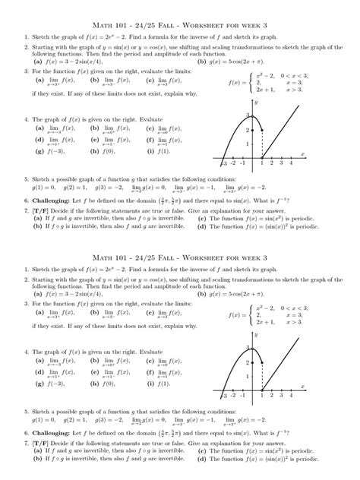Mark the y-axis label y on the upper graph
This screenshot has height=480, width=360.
pos(257,102)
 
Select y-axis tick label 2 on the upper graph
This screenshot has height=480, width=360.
pos(248,130)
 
